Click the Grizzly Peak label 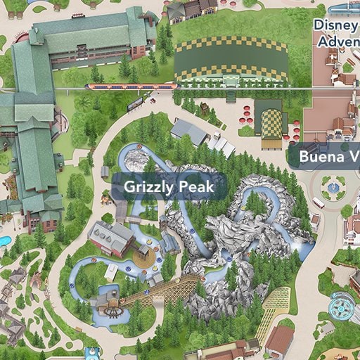click(169, 187)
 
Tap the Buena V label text click(328, 155)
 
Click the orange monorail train click(129, 86)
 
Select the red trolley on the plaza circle click(318, 202)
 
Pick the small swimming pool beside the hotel click(4, 241)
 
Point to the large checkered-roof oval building click(231, 60)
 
